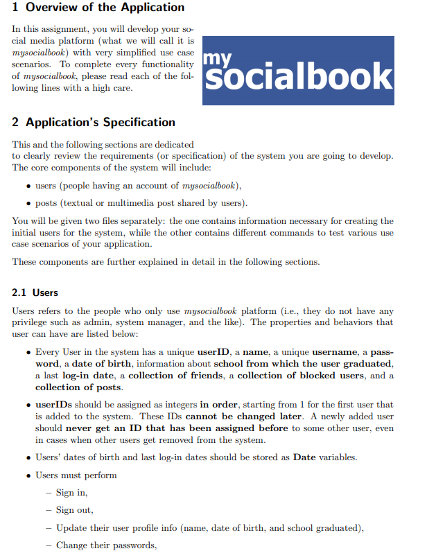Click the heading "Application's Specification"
(x=101, y=123)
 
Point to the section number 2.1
(x=21, y=292)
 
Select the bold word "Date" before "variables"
(x=304, y=457)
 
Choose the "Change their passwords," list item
(x=106, y=545)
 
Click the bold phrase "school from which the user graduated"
(x=303, y=364)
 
